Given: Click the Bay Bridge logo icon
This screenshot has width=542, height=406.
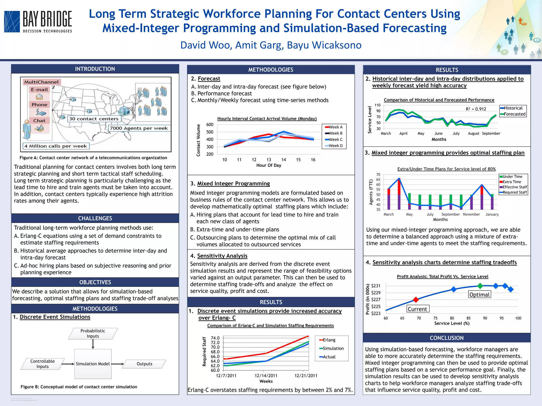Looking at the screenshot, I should click(12, 22).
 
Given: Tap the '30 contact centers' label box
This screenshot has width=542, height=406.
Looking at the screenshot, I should click(94, 119).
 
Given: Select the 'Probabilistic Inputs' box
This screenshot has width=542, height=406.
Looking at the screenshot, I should click(93, 334).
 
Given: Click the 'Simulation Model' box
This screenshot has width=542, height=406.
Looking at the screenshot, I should click(93, 364).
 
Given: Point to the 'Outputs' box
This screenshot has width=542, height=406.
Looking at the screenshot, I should click(144, 364).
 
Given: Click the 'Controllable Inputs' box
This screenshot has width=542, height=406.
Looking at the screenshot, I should click(43, 364).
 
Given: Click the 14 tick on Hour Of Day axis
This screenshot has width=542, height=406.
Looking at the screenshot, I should click(283, 160).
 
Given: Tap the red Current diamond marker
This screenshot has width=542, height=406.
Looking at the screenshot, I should click(416, 300).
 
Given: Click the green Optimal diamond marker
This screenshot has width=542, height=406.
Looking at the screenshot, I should click(480, 286).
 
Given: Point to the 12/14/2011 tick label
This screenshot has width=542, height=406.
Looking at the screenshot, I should click(266, 376).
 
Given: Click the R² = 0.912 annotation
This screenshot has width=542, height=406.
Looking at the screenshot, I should click(476, 109).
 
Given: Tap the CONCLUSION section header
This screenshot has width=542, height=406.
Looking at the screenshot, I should click(446, 338).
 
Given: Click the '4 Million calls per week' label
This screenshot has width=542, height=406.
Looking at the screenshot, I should click(56, 146).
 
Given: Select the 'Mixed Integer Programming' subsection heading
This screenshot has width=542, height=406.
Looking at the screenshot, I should click(233, 183).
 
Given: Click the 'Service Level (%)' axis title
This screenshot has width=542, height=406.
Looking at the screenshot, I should click(452, 323).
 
